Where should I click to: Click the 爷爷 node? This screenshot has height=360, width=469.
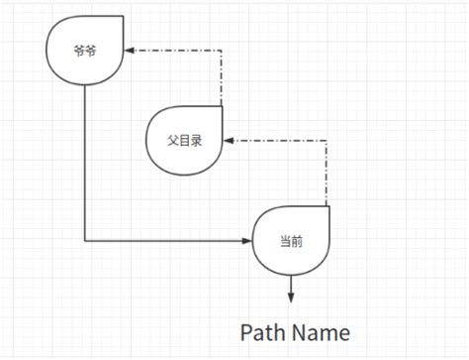tap(85, 52)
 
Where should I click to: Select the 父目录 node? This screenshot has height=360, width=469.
tap(184, 141)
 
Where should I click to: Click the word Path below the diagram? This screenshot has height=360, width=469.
tap(266, 330)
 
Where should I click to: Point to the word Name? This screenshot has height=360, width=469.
tap(322, 330)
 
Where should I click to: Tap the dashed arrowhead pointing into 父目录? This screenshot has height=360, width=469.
tap(229, 140)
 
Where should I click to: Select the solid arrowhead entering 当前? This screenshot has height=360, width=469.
tap(247, 241)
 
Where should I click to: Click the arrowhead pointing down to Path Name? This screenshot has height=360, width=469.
tap(291, 297)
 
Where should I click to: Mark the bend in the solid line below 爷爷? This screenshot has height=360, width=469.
tap(85, 241)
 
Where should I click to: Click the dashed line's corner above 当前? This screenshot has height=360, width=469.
tap(328, 140)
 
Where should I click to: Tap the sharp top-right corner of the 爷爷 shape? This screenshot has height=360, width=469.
tap(123, 16)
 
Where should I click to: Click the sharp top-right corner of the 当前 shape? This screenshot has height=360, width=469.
tap(328, 206)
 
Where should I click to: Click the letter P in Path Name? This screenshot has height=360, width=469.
tap(247, 330)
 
